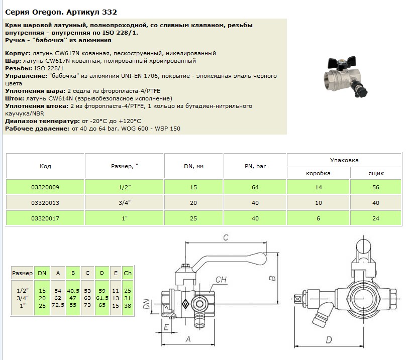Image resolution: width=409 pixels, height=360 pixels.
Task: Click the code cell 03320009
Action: tap(45, 187)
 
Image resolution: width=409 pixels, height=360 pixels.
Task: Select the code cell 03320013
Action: tap(45, 203)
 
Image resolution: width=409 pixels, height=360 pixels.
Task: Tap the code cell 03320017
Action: tap(45, 218)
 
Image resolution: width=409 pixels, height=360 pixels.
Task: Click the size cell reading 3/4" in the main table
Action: tap(125, 203)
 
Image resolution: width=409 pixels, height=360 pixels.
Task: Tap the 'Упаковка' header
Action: tap(344, 160)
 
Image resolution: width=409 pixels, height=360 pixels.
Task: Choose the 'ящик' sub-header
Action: tap(376, 173)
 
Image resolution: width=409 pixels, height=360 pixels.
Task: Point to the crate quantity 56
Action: tap(376, 187)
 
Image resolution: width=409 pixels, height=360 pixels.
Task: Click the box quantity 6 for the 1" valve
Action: tap(318, 218)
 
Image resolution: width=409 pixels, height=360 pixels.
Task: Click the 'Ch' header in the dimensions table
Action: tap(128, 272)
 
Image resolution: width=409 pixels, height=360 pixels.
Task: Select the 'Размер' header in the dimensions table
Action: tap(22, 272)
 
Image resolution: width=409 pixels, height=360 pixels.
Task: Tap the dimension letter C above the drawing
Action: tap(226, 236)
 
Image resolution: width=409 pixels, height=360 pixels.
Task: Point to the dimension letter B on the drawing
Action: tap(272, 277)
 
